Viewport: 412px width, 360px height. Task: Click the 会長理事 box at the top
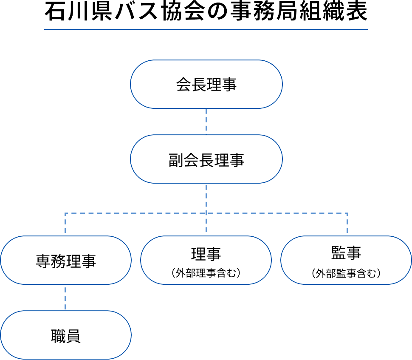206,84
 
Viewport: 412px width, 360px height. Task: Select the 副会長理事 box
206,159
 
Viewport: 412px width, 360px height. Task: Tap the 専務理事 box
66,260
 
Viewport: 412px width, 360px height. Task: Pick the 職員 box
66,335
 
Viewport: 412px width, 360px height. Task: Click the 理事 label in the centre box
206,254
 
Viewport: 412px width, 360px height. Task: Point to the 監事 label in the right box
346,253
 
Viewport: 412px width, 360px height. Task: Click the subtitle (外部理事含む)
206,273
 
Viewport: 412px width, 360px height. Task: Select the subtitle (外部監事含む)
346,273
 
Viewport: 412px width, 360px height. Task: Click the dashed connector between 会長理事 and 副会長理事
206,121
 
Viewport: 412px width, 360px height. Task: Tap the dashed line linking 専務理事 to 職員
65,298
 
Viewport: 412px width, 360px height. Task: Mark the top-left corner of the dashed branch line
65,213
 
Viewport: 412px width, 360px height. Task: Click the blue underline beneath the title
206,29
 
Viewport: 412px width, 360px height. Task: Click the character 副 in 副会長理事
175,160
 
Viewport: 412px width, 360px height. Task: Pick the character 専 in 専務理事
43,261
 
